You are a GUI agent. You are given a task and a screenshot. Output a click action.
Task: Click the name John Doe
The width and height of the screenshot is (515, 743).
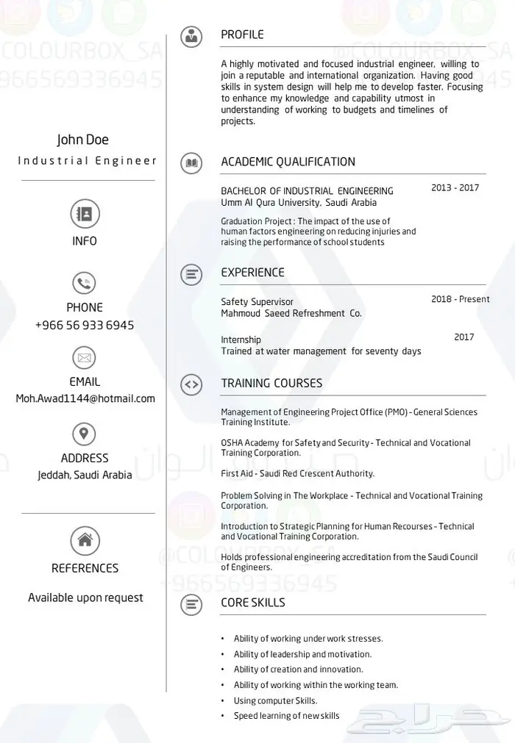pos(82,140)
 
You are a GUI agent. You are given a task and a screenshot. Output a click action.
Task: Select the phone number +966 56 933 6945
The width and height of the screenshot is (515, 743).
pos(85,325)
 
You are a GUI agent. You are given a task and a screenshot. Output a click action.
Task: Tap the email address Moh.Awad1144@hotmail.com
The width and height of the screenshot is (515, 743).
pos(85,398)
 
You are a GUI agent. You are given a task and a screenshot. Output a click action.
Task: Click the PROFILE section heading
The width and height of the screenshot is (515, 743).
pos(242,35)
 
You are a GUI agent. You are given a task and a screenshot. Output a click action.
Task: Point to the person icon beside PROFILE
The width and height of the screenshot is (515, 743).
pos(191,35)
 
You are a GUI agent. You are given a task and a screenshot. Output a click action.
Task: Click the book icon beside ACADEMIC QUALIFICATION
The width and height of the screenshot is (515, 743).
pos(191,162)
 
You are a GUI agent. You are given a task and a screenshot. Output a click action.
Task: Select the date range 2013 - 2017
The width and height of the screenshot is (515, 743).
pos(455,188)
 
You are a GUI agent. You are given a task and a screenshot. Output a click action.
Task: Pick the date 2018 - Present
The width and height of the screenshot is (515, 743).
pos(460,299)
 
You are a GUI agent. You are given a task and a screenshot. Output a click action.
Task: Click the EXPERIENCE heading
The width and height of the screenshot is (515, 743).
pos(252,273)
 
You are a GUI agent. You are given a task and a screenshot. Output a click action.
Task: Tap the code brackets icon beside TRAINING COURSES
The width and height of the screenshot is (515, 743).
pos(191,384)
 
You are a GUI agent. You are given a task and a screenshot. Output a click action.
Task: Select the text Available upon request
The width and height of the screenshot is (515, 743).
pos(85,597)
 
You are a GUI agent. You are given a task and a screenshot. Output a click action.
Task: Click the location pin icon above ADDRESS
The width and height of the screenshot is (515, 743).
pos(84,432)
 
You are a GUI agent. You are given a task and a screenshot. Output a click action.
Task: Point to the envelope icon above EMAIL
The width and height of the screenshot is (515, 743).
pos(84,358)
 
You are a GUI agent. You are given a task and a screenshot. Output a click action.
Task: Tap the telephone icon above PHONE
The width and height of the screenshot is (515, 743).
pos(84,283)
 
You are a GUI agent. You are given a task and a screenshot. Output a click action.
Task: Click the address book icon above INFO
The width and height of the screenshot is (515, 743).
pos(85,214)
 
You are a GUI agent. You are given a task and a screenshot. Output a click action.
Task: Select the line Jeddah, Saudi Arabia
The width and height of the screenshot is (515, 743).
pos(85,475)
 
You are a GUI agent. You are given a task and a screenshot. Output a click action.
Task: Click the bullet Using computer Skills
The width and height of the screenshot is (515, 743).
pos(275,700)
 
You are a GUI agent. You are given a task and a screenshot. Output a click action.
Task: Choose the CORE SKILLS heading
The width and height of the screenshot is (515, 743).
pos(253,603)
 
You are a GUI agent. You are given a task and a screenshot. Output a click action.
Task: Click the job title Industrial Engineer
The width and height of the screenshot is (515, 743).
pos(88,160)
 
